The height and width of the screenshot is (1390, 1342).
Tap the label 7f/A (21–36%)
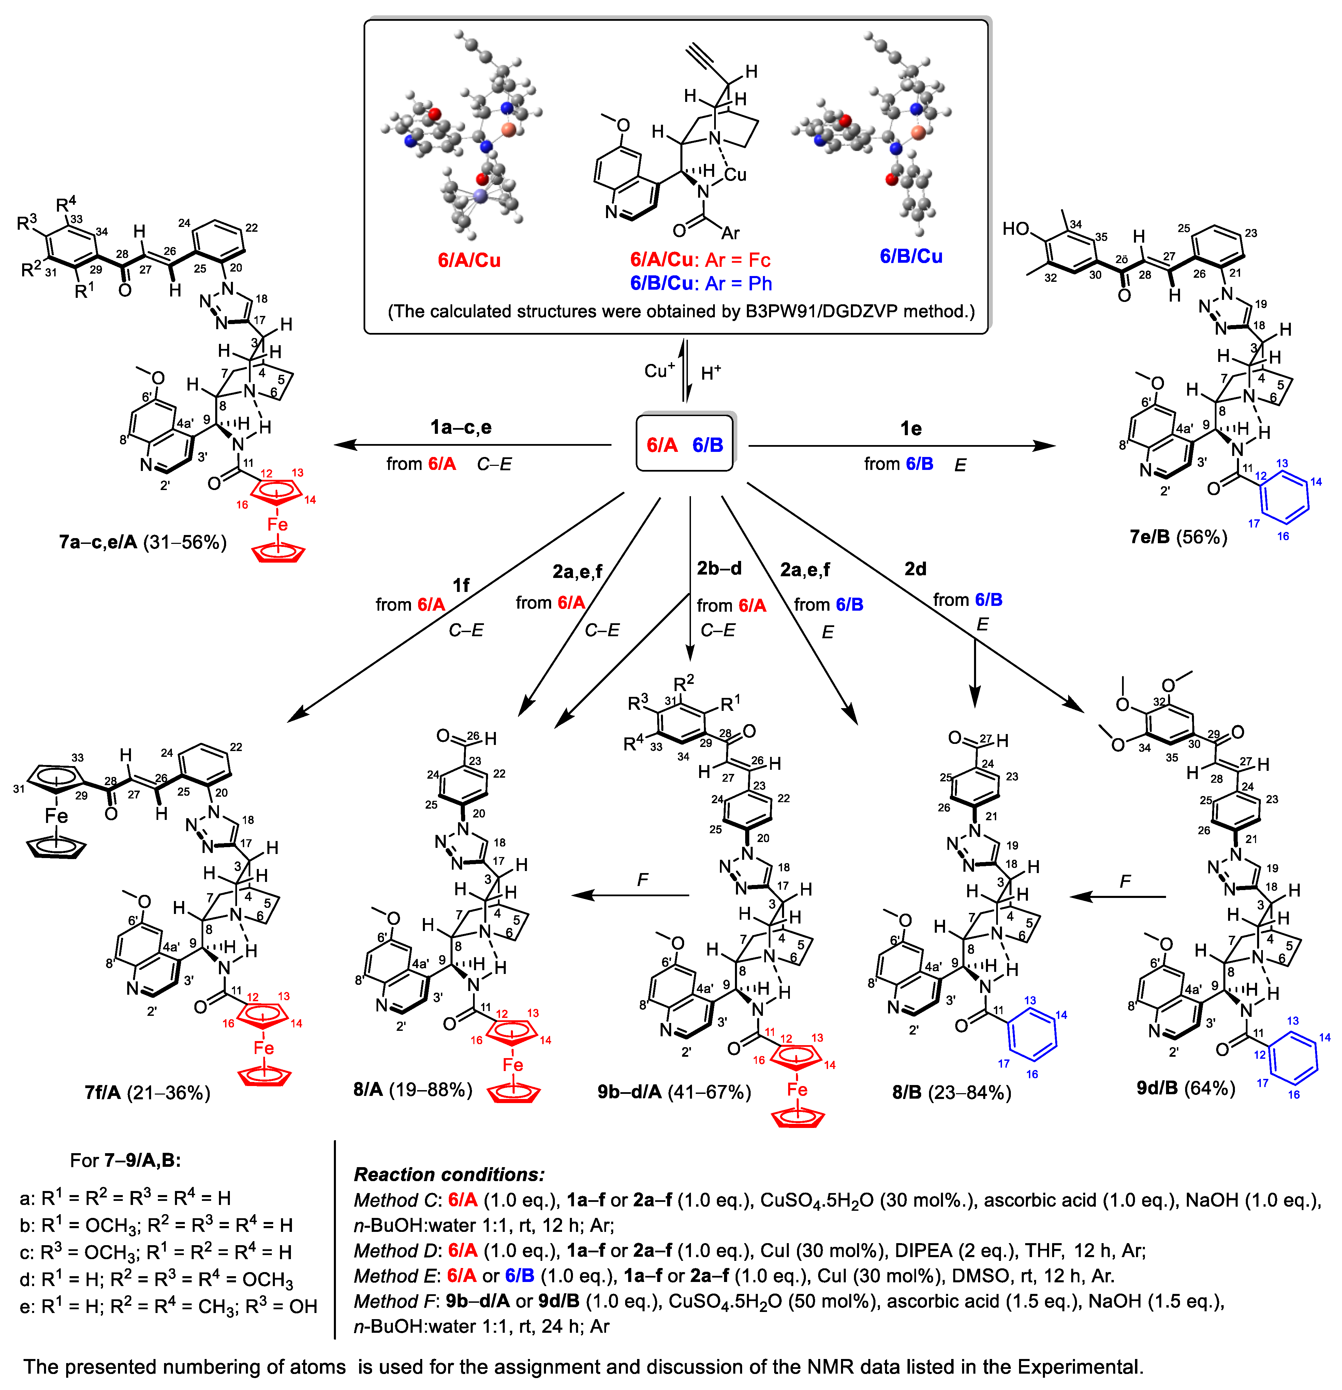coord(147,1093)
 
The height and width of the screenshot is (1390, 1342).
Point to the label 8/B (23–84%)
coord(951,1092)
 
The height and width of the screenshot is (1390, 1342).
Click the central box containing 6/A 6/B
coord(684,445)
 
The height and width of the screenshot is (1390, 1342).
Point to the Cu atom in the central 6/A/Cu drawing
coord(735,174)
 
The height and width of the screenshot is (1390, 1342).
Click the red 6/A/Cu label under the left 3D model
coord(469,260)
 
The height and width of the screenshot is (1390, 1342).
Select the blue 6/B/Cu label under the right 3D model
coord(911,256)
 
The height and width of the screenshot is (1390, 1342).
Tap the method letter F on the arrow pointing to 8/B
coord(1125,882)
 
